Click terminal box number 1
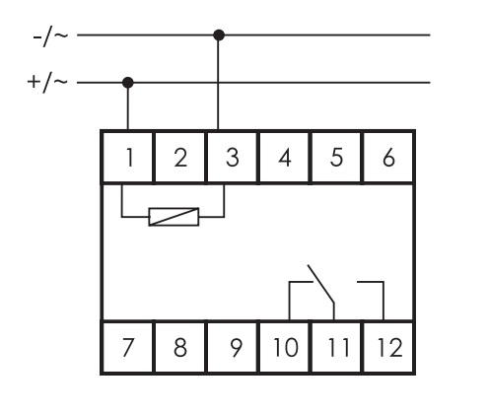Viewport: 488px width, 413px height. [127, 157]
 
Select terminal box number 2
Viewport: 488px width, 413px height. [179, 157]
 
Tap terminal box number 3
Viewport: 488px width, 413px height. [232, 157]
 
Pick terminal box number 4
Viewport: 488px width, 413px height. [284, 157]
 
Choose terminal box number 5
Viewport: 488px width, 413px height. [336, 157]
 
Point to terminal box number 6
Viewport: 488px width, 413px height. [388, 157]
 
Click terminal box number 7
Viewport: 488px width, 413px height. [127, 347]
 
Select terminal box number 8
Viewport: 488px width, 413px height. [179, 347]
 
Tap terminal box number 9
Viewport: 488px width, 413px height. [232, 347]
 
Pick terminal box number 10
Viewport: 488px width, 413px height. [284, 347]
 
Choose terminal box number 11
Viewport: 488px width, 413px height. [336, 347]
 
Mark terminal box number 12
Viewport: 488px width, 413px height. [388, 347]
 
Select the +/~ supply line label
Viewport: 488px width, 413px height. [47, 83]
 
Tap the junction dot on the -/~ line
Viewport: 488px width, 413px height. [219, 34]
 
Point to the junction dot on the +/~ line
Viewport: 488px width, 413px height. [128, 83]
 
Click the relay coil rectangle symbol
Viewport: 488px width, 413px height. [174, 217]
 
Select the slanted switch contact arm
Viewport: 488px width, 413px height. [320, 283]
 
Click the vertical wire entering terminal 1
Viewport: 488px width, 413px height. [128, 106]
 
